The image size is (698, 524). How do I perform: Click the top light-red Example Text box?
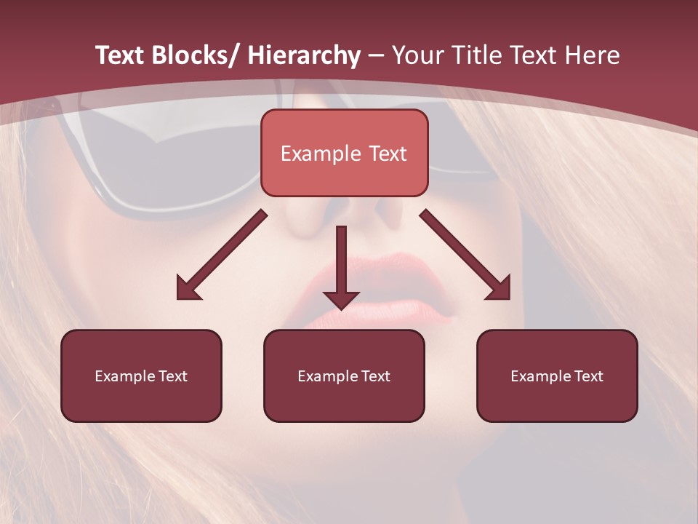pyautogui.click(x=344, y=153)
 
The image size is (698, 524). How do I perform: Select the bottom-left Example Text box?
pyautogui.click(x=141, y=376)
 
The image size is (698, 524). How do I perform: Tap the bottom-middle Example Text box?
pyautogui.click(x=344, y=376)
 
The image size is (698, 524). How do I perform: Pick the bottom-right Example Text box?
pyautogui.click(x=557, y=376)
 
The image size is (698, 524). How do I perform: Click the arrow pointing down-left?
pyautogui.click(x=222, y=255)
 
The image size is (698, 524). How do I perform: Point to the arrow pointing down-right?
pyautogui.click(x=465, y=255)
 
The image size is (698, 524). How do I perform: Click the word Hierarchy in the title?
pyautogui.click(x=303, y=55)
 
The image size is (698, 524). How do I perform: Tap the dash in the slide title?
pyautogui.click(x=376, y=55)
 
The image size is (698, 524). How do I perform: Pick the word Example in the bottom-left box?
pyautogui.click(x=125, y=376)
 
